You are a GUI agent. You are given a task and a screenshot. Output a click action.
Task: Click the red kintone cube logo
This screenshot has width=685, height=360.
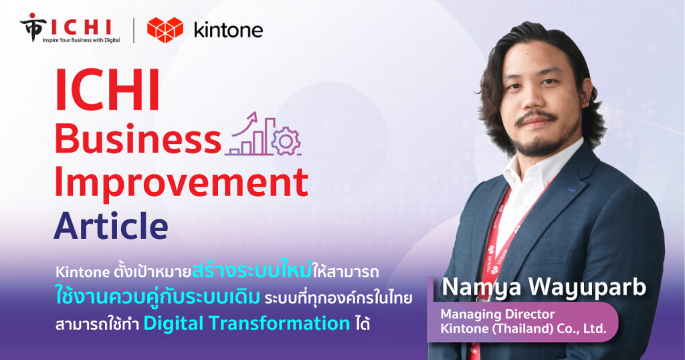[165, 29]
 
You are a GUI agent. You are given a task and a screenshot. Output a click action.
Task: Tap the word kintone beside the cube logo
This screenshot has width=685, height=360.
[228, 31]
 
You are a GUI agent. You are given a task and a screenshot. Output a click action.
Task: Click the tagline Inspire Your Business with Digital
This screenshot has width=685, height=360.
[81, 40]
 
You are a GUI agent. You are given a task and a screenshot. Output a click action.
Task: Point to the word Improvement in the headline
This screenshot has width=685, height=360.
[181, 183]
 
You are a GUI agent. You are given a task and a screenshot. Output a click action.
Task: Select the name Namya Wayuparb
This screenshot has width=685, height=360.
[544, 287]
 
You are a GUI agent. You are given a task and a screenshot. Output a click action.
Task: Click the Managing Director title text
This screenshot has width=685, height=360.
[498, 314]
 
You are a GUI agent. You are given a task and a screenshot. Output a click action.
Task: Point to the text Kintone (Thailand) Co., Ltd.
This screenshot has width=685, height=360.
[523, 328]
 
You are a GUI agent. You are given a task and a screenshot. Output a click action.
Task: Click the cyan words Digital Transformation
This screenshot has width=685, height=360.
[247, 323]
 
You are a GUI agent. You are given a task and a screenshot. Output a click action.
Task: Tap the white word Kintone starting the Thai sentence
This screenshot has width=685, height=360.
[82, 272]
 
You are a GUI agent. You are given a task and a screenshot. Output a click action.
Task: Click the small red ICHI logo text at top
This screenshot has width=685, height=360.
[81, 27]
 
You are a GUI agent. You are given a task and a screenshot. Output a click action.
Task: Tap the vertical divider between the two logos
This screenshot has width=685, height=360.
[133, 31]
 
